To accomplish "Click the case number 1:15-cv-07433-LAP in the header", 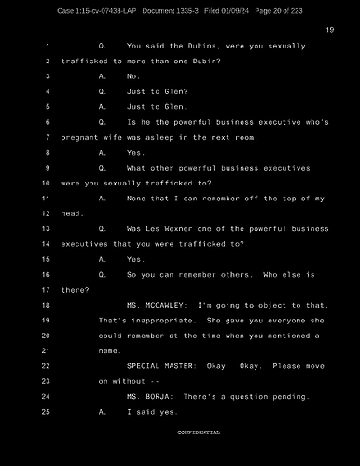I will tap(97, 10).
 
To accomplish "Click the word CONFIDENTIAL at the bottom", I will tap(199, 433).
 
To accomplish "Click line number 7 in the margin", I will tap(46, 138).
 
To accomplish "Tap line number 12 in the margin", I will tap(45, 213).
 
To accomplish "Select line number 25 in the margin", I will tap(45, 412).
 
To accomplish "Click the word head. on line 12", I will tap(72, 213).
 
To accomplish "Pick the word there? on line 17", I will tap(75, 290).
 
